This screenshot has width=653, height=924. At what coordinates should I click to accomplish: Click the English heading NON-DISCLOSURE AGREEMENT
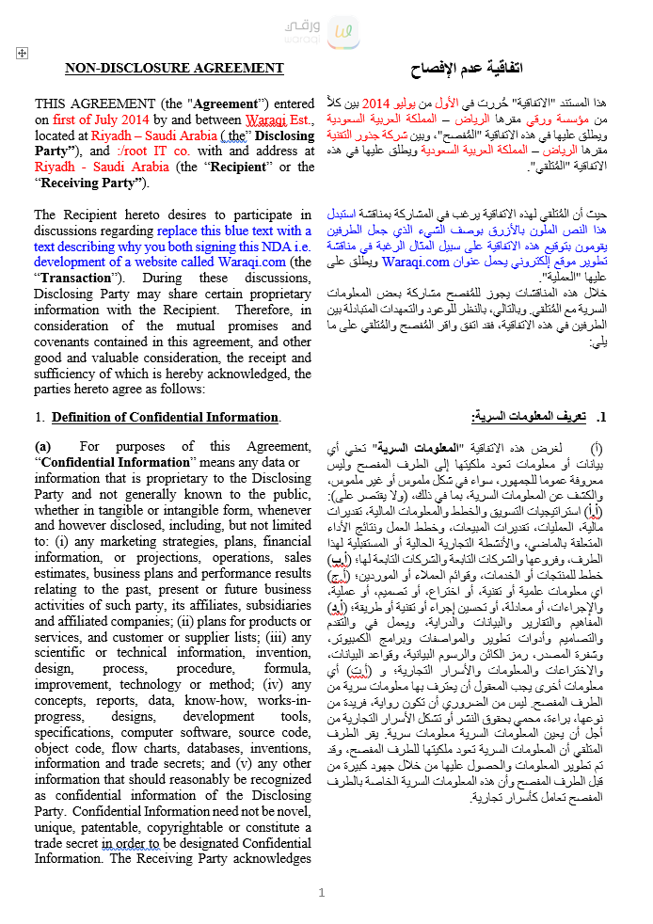[174, 68]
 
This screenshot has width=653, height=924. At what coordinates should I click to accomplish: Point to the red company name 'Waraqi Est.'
[279, 119]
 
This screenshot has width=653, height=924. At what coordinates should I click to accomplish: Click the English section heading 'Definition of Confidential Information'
[165, 417]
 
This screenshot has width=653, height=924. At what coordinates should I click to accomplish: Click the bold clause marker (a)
[43, 446]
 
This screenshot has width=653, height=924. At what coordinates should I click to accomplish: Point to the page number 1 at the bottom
[322, 893]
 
